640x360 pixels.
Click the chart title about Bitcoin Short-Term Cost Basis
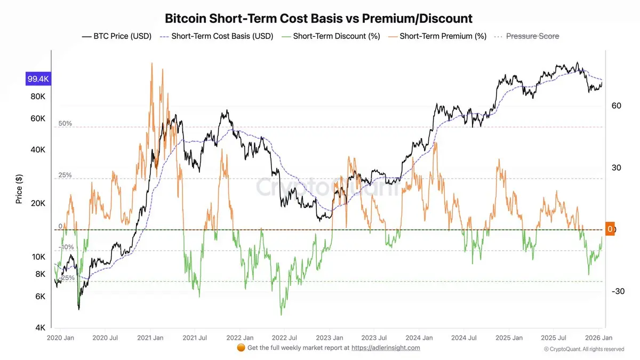(x=318, y=18)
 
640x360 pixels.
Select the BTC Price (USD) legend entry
(x=117, y=36)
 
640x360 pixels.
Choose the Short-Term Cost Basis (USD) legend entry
(x=217, y=36)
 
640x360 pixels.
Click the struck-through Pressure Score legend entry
(x=527, y=36)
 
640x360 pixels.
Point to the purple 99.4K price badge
(x=38, y=79)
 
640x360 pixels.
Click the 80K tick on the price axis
(x=38, y=97)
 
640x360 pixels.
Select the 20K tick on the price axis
(x=38, y=204)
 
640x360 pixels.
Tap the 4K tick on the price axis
(x=40, y=328)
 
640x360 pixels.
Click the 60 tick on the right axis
(x=617, y=106)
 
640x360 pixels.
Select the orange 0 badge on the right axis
(x=610, y=229)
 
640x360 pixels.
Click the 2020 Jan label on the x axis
(x=60, y=338)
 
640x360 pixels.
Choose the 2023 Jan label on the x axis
(x=330, y=338)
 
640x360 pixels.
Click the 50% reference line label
(x=65, y=124)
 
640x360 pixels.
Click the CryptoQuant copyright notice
(x=583, y=349)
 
